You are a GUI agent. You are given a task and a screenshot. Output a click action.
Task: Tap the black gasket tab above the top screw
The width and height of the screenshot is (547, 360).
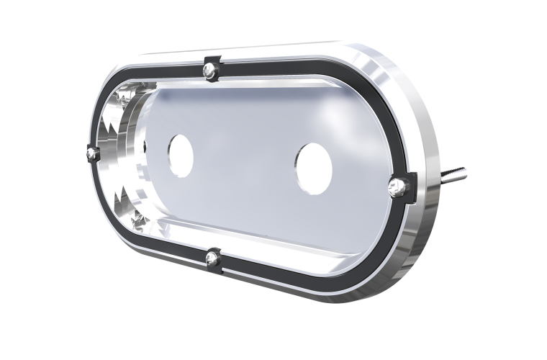pos(211,58)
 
